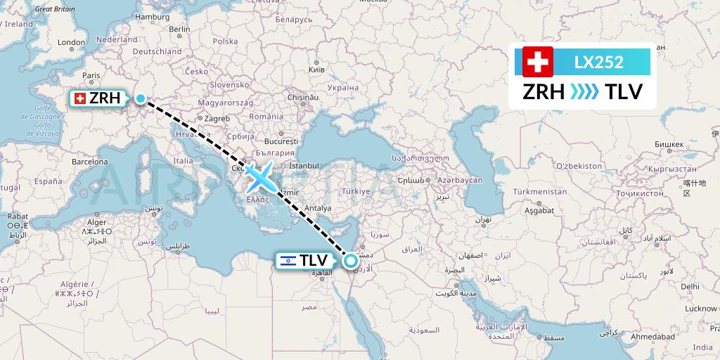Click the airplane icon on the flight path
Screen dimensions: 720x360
tap(262, 177)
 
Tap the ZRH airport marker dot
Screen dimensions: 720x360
tap(141, 99)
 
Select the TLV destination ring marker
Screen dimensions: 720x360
tap(350, 262)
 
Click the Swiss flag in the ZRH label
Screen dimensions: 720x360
tap(80, 99)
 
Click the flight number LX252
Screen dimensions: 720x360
tap(598, 62)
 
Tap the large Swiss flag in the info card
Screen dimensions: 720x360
tap(538, 62)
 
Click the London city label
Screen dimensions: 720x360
tap(71, 43)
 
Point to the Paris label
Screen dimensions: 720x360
tap(91, 75)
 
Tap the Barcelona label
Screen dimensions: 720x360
tap(89, 162)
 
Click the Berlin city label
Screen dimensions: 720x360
tap(179, 30)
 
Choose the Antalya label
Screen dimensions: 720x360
tap(319, 208)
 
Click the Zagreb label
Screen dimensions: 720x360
tap(217, 118)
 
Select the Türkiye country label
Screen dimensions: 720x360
tap(356, 191)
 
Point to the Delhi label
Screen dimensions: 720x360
tap(690, 286)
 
